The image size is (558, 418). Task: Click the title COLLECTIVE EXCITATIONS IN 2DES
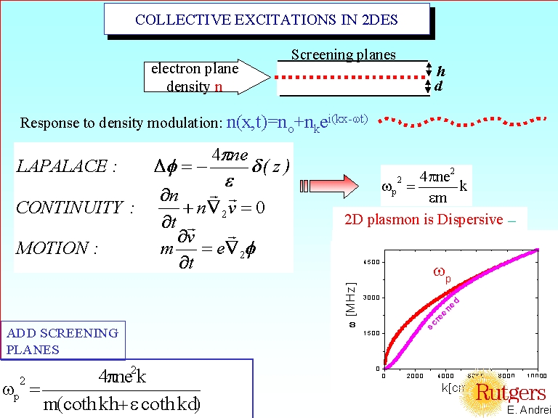click(267, 20)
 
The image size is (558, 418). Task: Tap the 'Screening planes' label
click(343, 54)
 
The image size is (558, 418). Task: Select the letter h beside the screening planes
click(440, 71)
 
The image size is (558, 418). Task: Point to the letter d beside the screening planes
click(438, 86)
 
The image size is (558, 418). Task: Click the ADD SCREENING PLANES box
click(62, 341)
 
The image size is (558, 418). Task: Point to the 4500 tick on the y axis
click(370, 262)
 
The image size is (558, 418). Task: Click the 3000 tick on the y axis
click(370, 298)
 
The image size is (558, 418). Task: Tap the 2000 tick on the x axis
click(415, 375)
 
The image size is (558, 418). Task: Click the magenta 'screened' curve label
click(444, 313)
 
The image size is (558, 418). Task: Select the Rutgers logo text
click(510, 393)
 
